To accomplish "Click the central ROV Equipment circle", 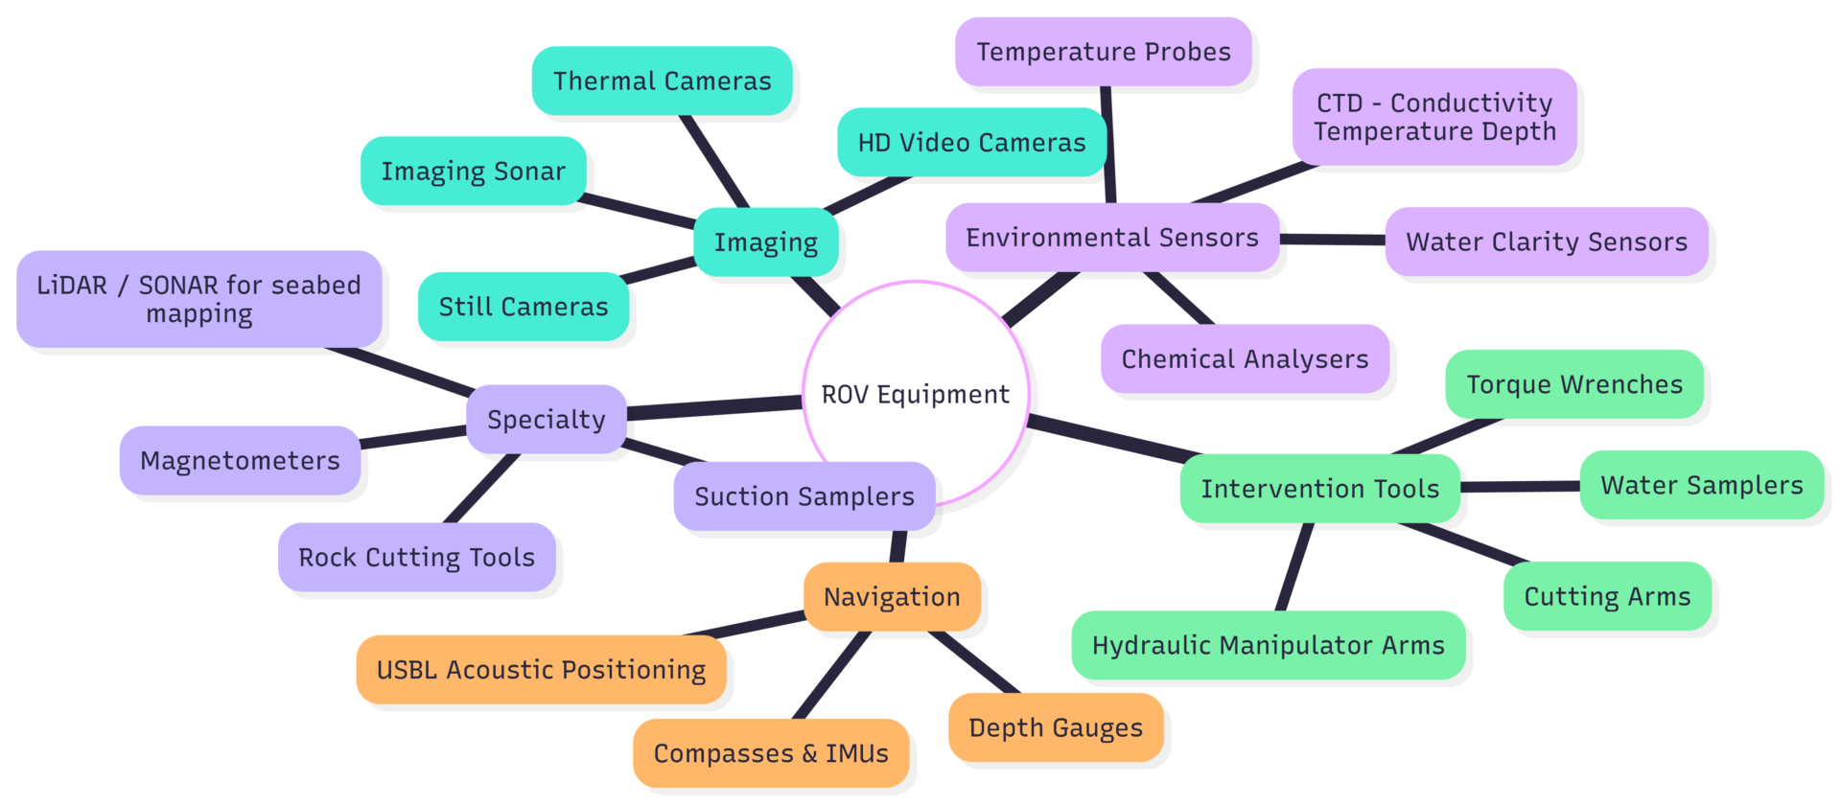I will [916, 394].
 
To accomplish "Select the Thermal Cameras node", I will [662, 81].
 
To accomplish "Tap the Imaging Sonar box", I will [473, 172].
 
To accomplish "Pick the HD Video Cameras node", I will [971, 143].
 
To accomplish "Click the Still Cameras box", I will [523, 307].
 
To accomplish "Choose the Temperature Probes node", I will [1103, 52].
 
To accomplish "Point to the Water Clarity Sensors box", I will [1546, 241].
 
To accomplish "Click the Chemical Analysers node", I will [1245, 359].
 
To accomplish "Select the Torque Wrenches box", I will [1573, 384].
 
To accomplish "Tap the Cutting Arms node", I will [1607, 596].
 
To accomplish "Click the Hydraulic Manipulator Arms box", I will [1268, 645].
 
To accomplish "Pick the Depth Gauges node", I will [1056, 728].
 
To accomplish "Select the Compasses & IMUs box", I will [771, 753].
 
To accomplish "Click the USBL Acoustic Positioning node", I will [541, 670].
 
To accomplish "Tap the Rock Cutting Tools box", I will [416, 558].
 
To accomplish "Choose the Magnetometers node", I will [240, 461].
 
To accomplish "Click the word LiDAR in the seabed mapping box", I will [72, 286].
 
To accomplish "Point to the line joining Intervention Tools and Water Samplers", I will [1520, 487].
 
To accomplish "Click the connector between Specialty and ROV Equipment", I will [714, 408].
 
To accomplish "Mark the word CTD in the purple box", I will [1340, 103].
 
